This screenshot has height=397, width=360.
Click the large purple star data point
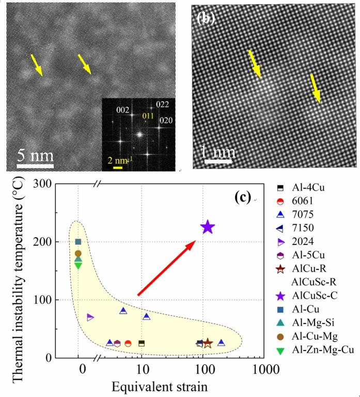[207, 227]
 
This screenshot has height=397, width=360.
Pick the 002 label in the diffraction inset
[123, 111]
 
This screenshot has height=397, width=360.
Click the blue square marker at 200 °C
[79, 241]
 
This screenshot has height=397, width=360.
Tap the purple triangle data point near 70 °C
[90, 317]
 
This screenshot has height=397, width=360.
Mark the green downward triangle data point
[79, 265]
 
